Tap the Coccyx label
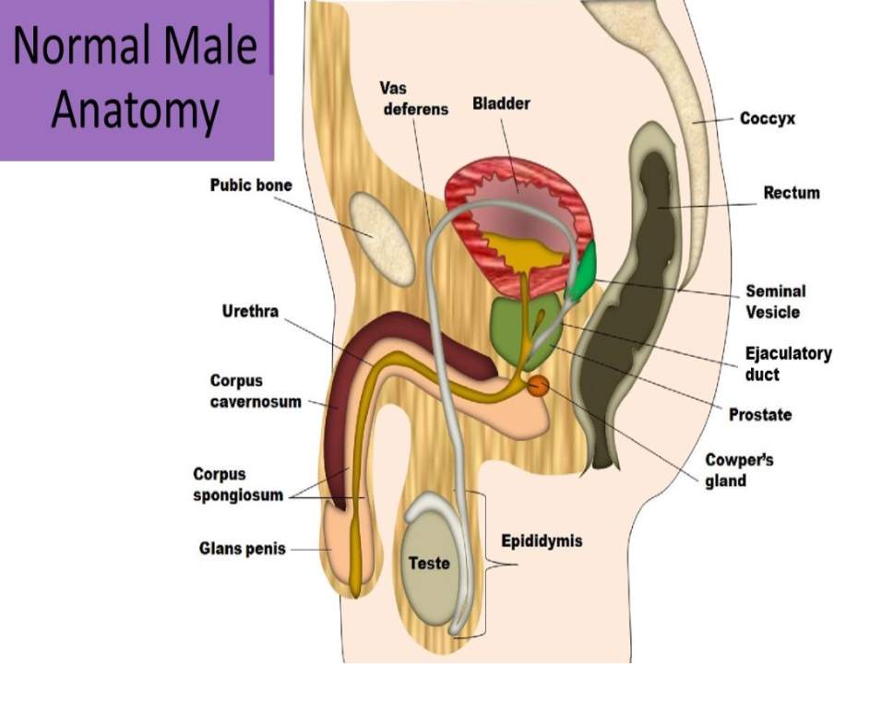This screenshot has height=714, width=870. tap(767, 119)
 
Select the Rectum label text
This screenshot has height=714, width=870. tap(791, 194)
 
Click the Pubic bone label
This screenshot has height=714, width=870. tap(250, 185)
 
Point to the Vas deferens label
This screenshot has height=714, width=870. tap(412, 98)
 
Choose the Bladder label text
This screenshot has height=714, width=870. tap(501, 103)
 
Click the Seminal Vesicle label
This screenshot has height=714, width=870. tap(774, 302)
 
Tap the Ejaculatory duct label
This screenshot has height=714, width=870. tap(787, 363)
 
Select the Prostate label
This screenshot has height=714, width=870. tap(759, 415)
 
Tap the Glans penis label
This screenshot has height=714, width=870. tap(242, 549)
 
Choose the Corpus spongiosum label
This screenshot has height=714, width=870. tap(232, 484)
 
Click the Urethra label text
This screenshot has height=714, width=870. tap(249, 312)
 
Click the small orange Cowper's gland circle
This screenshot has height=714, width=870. tap(538, 387)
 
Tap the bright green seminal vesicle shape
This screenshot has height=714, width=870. tap(582, 274)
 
